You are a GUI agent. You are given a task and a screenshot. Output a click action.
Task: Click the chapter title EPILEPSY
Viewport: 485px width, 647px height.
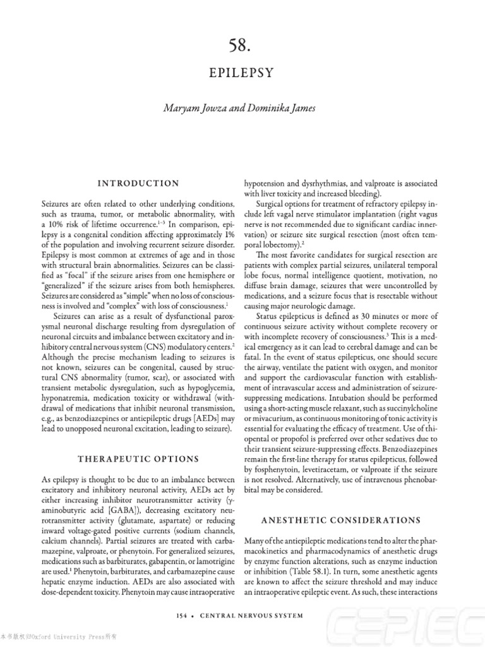pos(242,73)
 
